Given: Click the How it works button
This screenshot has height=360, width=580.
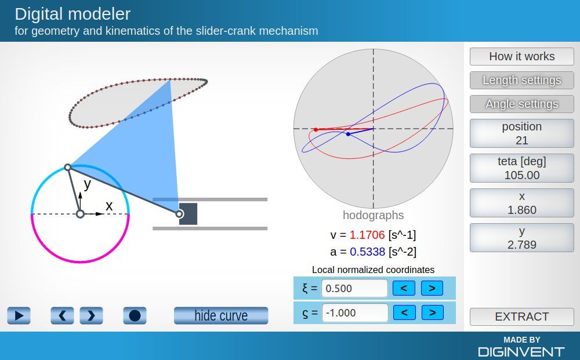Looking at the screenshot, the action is coord(521,57).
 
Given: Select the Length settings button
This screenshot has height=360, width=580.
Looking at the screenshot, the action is coord(521,80).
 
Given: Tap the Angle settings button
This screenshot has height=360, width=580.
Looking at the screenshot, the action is coord(521,104).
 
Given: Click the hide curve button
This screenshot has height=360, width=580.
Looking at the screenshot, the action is coord(221,315).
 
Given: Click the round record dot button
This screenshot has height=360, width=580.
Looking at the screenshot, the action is coord(135,315).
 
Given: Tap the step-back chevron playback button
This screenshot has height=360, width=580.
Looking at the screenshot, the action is coord(62,315).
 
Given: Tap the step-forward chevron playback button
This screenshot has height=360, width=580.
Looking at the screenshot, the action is coord(92,315).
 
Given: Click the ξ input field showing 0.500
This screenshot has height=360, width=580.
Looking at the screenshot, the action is coord(354,288).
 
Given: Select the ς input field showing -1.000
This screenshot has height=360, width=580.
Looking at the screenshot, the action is coord(355,312).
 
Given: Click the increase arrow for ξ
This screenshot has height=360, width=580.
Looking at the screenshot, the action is coord(432,288).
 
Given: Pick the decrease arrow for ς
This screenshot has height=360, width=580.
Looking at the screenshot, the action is coord(404,312).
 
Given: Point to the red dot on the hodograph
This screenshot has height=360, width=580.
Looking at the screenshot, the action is coord(316,130).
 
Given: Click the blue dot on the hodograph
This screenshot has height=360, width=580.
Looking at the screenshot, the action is coord(348,134).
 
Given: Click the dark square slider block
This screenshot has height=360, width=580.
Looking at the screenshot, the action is coord(188,214).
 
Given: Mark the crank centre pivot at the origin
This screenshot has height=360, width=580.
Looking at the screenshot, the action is coord(80,214).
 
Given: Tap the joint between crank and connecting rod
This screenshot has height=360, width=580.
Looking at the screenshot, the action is coord(67,168).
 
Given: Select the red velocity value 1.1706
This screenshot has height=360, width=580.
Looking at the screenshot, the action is coord(367,235).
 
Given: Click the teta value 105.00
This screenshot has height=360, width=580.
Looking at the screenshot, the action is coord(521,175).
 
